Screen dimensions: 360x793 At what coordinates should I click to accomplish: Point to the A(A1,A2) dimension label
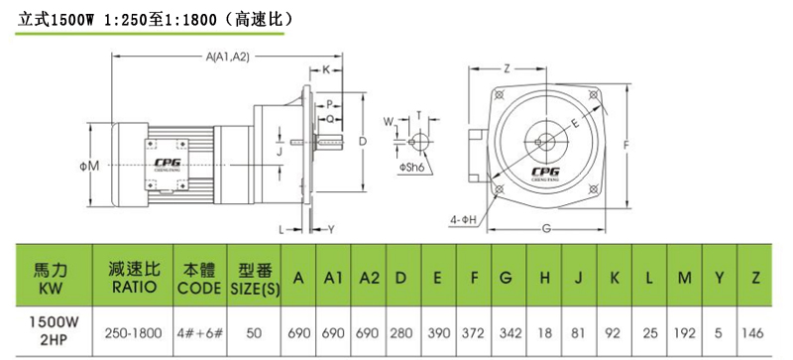(227, 58)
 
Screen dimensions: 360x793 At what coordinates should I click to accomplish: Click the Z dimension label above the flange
(507, 69)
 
